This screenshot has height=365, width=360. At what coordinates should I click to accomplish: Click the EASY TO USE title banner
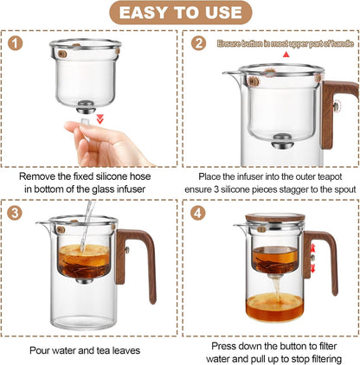(179, 13)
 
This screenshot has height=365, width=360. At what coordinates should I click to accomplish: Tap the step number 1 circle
(18, 42)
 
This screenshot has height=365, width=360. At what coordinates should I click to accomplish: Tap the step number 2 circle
(200, 42)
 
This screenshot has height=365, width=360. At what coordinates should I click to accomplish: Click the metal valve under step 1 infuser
(89, 107)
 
